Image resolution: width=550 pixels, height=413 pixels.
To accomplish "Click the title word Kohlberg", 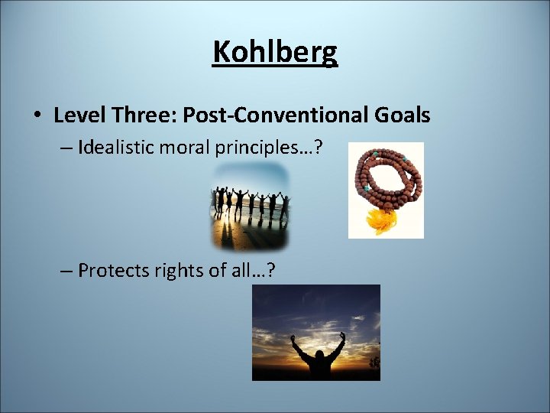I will pyautogui.click(x=275, y=52).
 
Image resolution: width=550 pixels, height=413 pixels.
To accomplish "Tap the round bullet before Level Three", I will pyautogui.click(x=37, y=116).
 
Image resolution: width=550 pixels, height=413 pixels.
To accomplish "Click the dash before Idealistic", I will pyautogui.click(x=66, y=148).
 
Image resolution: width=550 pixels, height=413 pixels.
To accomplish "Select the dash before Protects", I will pyautogui.click(x=66, y=271).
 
